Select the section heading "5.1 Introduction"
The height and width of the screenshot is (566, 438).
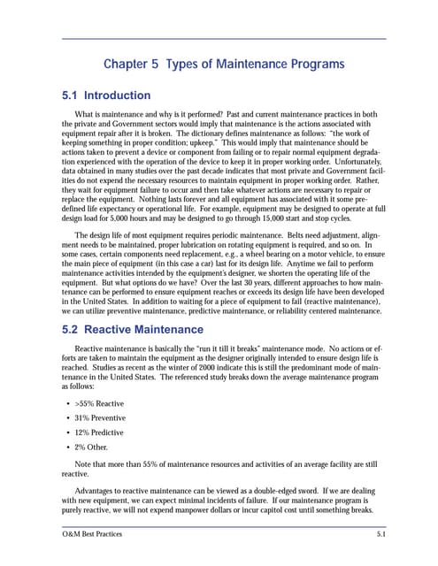click(x=105, y=96)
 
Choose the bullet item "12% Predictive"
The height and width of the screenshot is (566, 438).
click(x=98, y=432)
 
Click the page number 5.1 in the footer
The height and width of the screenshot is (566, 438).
click(x=380, y=535)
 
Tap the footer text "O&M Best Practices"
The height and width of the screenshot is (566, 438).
click(x=91, y=535)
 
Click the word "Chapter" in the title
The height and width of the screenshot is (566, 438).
click(x=129, y=65)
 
